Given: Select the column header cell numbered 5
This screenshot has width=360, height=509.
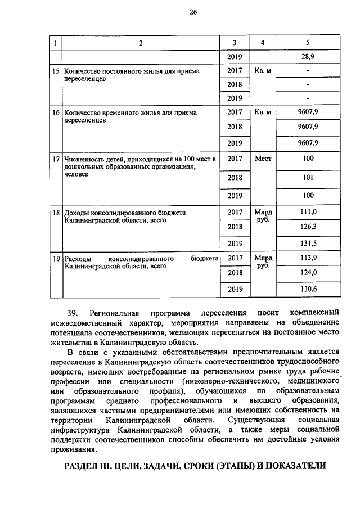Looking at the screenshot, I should tap(308, 43).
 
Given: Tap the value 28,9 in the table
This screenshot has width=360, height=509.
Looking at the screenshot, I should tap(308, 57).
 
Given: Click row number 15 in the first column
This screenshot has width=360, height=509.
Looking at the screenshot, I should tap(55, 72).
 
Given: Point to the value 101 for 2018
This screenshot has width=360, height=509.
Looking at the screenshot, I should tap(308, 178).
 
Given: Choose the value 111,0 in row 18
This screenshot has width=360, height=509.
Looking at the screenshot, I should tap(308, 212).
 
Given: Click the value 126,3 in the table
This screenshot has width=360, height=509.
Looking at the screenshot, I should tap(308, 227).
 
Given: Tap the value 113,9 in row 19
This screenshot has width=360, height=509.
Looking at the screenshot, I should tap(308, 258).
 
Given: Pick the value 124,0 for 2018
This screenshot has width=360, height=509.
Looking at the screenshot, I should tap(308, 273).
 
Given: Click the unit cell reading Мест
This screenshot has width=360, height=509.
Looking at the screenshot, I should tap(263, 159).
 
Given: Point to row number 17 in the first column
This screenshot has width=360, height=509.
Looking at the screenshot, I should tap(55, 159).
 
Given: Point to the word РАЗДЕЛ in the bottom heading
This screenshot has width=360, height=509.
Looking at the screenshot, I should tap(81, 466).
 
